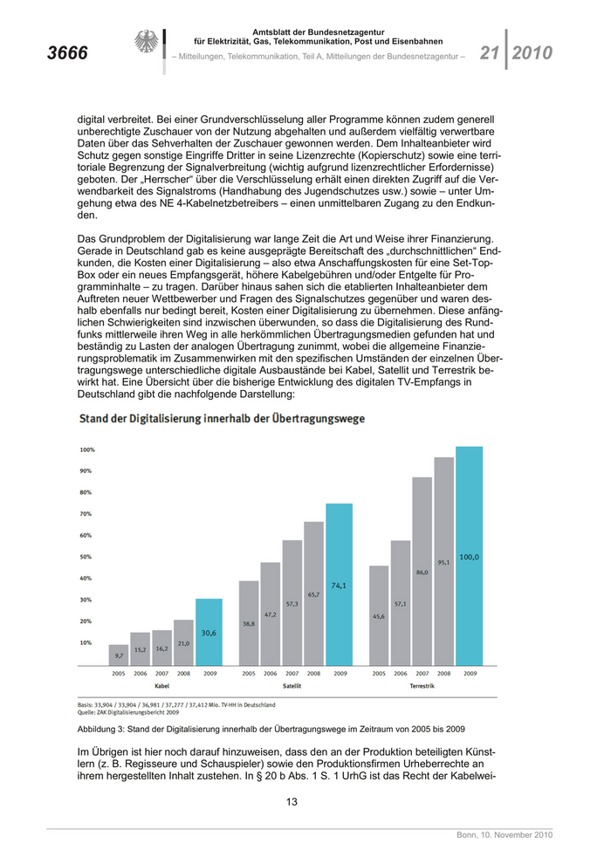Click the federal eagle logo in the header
click(x=146, y=42)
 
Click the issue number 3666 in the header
click(x=67, y=53)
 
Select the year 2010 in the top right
click(x=532, y=53)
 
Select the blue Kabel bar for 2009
click(x=209, y=632)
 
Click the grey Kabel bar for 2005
click(x=119, y=655)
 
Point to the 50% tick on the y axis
click(x=87, y=557)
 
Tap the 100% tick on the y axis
click(x=87, y=449)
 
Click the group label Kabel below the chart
click(x=161, y=686)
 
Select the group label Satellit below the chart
click(x=292, y=686)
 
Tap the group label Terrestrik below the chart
click(x=422, y=686)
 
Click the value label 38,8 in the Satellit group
click(x=249, y=624)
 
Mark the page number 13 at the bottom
click(x=292, y=802)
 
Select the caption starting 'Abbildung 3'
click(x=271, y=728)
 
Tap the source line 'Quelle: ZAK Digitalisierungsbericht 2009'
click(x=129, y=711)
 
